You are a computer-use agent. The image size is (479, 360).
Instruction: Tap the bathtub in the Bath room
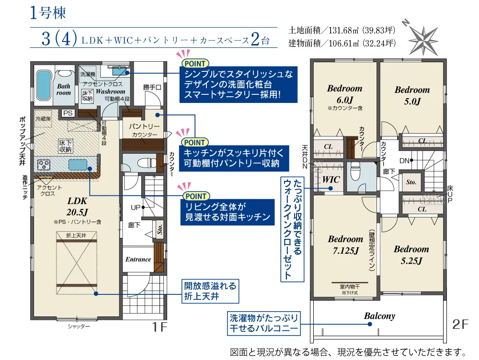44,85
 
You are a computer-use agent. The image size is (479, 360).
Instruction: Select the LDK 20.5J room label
77,206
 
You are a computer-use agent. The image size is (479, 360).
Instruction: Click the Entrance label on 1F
138,259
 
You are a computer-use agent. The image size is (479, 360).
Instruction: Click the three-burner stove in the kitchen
44,165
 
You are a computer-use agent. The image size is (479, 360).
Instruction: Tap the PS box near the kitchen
68,113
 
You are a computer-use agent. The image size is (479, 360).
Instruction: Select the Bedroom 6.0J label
344,94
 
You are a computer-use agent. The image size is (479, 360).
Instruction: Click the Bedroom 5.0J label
412,95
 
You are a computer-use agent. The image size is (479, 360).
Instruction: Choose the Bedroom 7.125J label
345,245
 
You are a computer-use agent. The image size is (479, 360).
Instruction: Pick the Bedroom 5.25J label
411,255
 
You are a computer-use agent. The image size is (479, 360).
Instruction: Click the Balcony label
379,316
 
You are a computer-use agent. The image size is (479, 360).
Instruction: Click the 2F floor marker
460,324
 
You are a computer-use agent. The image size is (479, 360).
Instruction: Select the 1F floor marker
160,327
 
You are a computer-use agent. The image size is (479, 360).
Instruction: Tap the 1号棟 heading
48,13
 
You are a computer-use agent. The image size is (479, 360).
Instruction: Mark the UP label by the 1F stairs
136,208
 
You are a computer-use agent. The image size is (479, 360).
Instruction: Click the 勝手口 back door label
152,87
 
